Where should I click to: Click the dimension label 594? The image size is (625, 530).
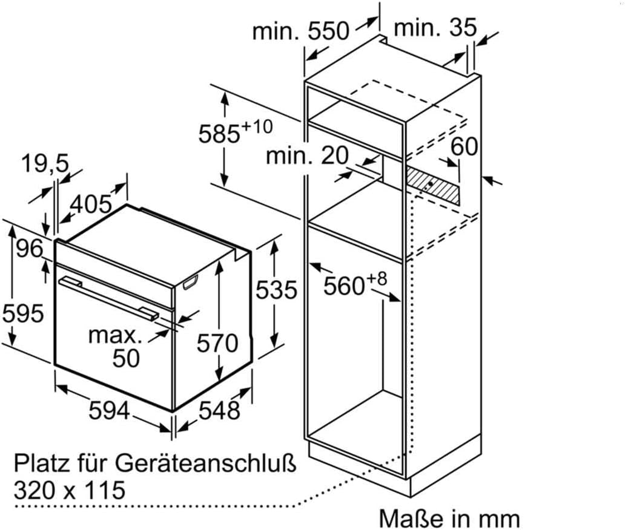[109, 410]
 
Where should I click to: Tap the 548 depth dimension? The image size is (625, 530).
[219, 410]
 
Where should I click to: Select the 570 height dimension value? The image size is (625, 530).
[217, 343]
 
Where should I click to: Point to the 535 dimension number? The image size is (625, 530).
[276, 289]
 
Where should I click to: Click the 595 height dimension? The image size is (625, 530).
[23, 313]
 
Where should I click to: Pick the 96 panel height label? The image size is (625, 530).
[30, 249]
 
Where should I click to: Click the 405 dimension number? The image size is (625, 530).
[91, 204]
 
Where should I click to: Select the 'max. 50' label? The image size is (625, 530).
[116, 347]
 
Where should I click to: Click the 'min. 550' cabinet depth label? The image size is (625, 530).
[300, 30]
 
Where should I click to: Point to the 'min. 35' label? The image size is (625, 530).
[435, 28]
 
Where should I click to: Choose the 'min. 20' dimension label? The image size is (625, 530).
[307, 155]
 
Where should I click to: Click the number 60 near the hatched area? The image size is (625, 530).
[464, 146]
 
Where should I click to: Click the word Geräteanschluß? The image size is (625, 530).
[206, 463]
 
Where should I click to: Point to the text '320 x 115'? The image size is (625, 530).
[70, 490]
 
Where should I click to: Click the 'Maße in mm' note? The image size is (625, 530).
[449, 519]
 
